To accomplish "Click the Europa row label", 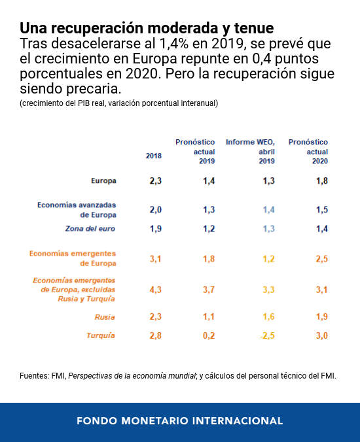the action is point(103,180).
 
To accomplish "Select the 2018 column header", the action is point(153,156).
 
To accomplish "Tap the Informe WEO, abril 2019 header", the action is point(250,152).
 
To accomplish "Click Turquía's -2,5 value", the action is point(267,335).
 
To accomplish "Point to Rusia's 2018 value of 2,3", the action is point(156,316).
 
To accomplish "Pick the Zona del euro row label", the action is point(90,229).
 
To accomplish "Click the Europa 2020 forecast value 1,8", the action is point(322,180).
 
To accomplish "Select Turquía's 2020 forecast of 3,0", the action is point(322,335).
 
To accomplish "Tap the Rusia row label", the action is point(105,317).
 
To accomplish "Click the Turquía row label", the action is point(101,335).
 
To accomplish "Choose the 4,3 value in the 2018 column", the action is point(156,290).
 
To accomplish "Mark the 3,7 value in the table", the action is point(209,290).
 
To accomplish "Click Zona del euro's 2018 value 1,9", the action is point(156,229).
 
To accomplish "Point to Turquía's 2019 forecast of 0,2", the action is point(209,335).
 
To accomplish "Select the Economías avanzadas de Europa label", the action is point(77,210).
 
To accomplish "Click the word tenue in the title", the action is point(254,28).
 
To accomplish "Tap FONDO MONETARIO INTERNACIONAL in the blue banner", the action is point(180,421).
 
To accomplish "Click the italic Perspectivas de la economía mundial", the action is point(132,376).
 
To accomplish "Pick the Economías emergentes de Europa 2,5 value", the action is point(322,259).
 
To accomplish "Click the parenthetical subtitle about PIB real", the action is point(118,103).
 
